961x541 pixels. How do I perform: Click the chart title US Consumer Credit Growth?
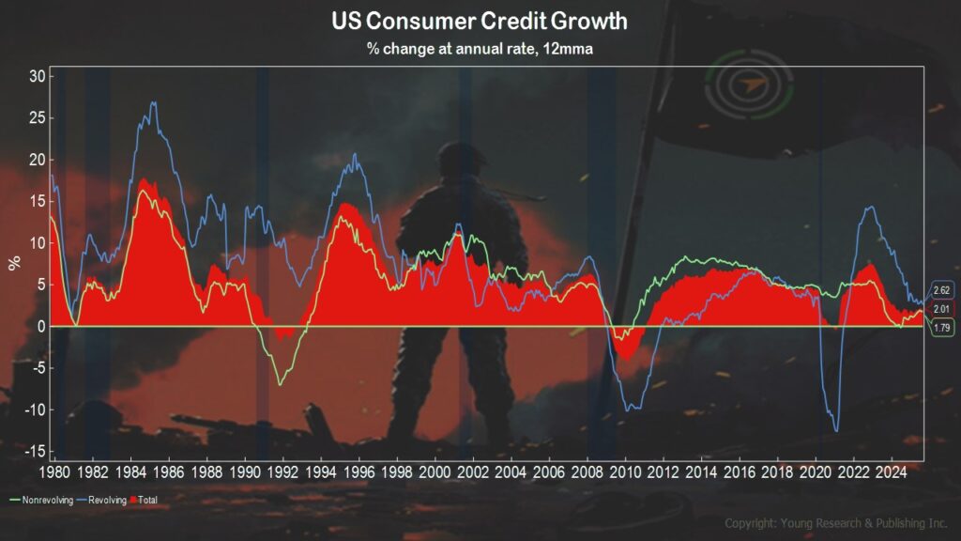coord(480,21)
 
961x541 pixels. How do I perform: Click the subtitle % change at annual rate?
coord(480,49)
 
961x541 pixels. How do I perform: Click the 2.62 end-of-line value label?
coord(942,290)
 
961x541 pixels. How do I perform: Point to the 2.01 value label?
coord(942,309)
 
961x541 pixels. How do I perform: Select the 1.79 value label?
coord(942,328)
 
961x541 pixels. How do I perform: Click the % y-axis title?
coord(14,260)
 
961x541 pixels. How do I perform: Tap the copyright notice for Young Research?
coord(836,522)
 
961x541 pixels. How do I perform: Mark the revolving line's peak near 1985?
coord(153,103)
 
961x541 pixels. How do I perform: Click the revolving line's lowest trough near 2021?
coord(837,430)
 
